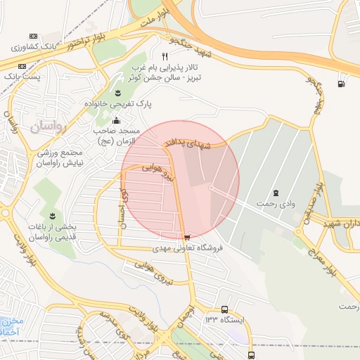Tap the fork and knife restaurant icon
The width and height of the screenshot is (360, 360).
[x=165, y=56]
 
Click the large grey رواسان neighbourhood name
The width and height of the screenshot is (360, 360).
[x=46, y=127]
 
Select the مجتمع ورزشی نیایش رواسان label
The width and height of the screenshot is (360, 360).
[x=60, y=157]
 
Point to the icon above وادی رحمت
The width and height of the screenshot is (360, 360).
[x=275, y=192]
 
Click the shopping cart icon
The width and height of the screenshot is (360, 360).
[x=186, y=237]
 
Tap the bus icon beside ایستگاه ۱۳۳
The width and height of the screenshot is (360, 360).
[x=224, y=309]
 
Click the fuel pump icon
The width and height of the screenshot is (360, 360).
[x=342, y=84]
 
